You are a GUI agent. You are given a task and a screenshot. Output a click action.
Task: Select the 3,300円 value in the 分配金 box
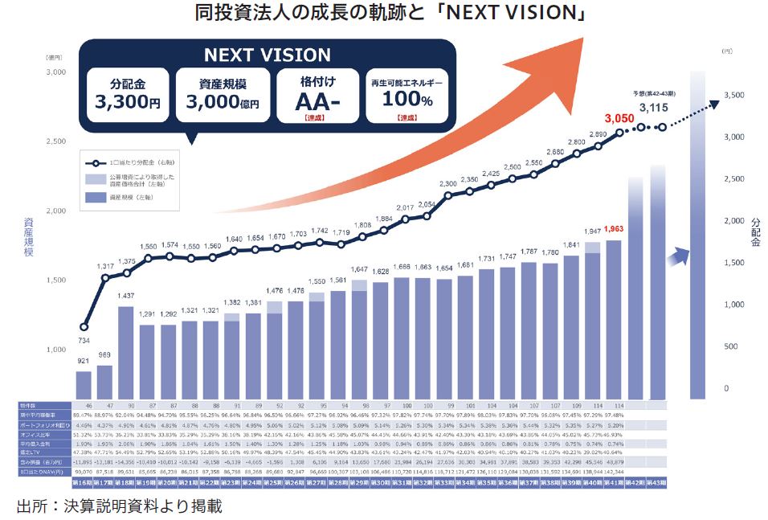(127, 102)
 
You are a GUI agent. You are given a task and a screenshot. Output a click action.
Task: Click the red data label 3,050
(619, 119)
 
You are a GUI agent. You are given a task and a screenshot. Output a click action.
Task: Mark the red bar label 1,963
(615, 228)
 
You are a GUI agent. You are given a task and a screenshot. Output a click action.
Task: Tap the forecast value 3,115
(653, 107)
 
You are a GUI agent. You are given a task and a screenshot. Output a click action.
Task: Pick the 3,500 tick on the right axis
(735, 95)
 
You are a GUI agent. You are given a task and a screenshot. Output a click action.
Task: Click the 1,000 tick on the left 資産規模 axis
(55, 350)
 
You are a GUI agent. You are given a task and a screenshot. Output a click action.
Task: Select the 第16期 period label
(84, 484)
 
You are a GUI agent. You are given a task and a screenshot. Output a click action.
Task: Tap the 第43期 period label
(656, 484)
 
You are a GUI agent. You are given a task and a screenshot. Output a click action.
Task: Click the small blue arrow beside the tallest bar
(680, 256)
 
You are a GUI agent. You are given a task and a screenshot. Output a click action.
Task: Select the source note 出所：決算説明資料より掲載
(119, 506)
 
